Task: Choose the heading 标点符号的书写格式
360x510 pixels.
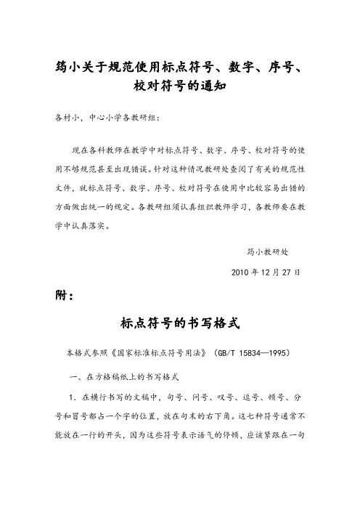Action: coord(179,323)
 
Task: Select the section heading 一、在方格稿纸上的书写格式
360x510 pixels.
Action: coord(127,379)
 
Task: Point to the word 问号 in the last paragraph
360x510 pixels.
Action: coord(205,398)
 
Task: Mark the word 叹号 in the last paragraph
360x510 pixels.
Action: coord(232,398)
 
